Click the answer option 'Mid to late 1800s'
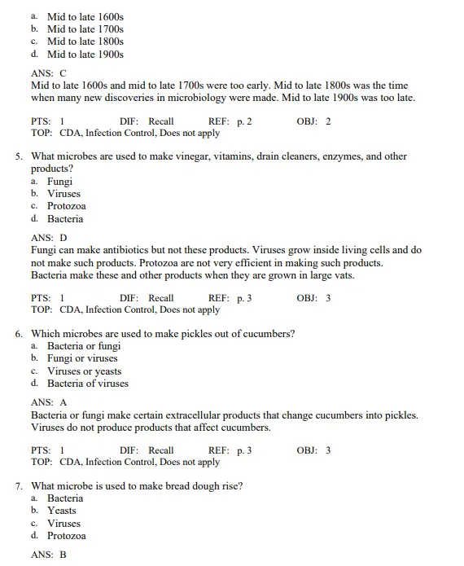click(x=85, y=42)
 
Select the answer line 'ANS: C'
click(x=48, y=73)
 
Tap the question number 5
click(x=19, y=156)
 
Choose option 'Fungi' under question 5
click(x=59, y=182)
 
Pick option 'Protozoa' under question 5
click(x=66, y=206)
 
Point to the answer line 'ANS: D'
click(x=49, y=238)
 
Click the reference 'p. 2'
click(x=244, y=121)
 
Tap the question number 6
click(x=19, y=334)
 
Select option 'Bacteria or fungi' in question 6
click(x=83, y=346)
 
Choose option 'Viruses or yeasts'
click(x=84, y=371)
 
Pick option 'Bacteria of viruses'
click(x=87, y=384)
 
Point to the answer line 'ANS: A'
click(x=49, y=402)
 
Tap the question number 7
click(x=19, y=486)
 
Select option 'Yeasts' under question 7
click(x=61, y=511)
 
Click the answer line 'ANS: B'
click(x=48, y=555)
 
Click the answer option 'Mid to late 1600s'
click(x=85, y=16)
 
